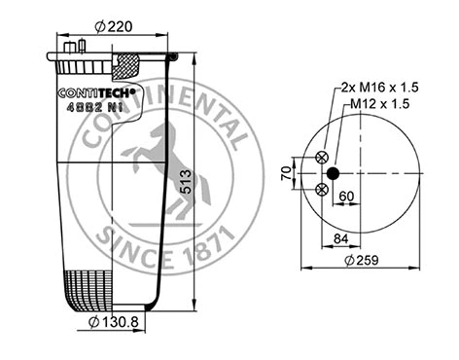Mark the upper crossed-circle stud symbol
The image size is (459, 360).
pyautogui.click(x=322, y=157)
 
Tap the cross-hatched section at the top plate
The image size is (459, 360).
pyautogui.click(x=128, y=67)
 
